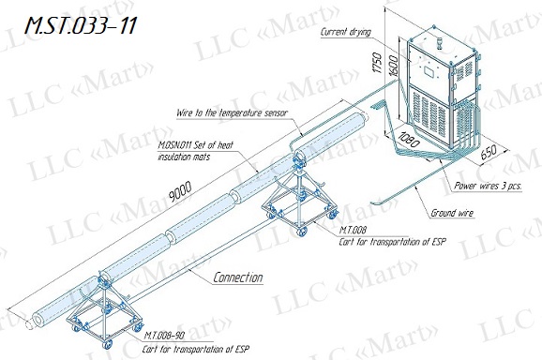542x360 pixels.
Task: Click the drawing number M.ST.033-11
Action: [x=81, y=25]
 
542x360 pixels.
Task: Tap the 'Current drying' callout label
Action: [x=346, y=32]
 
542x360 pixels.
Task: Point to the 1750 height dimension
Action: [x=378, y=63]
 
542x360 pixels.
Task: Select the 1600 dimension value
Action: [x=393, y=66]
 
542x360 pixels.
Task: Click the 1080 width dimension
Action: [x=408, y=140]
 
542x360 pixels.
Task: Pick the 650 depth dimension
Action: [x=489, y=152]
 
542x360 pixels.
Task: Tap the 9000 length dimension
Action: [x=180, y=191]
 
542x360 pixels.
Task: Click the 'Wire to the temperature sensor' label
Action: [x=232, y=113]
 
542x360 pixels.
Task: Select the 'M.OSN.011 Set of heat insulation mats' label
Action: [x=196, y=151]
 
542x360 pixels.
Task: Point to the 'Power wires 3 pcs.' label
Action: [x=488, y=186]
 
